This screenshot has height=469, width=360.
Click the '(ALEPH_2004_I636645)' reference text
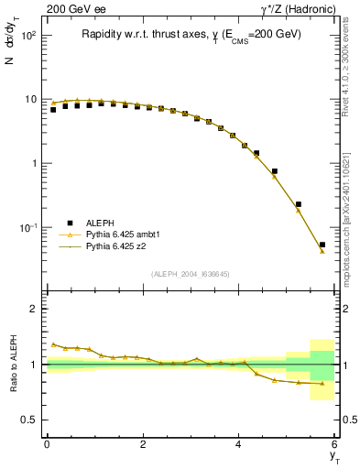pyautogui.click(x=190, y=274)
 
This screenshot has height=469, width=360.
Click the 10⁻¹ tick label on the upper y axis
pyautogui.click(x=28, y=227)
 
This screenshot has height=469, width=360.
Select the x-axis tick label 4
pyautogui.click(x=238, y=444)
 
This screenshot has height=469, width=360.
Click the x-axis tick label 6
pyautogui.click(x=334, y=444)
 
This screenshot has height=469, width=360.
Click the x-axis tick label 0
pyautogui.click(x=47, y=444)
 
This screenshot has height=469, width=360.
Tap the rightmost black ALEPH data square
pyautogui.click(x=322, y=245)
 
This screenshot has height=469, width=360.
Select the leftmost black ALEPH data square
pyautogui.click(x=53, y=110)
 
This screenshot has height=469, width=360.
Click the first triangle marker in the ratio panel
pyautogui.click(x=53, y=344)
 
